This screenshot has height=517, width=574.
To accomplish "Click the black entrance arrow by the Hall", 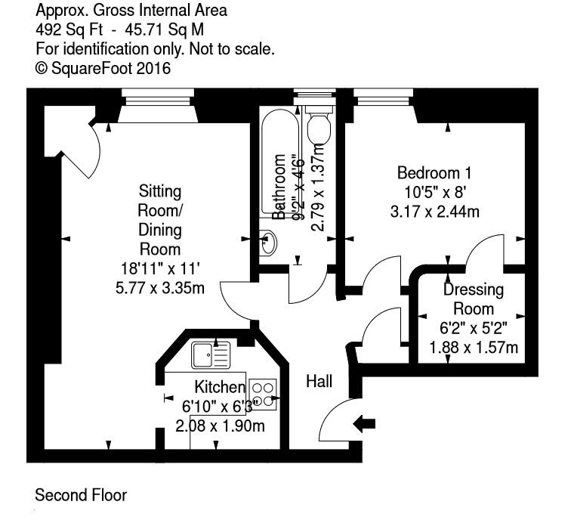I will (x=366, y=423).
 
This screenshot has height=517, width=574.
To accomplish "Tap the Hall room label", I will (x=319, y=382).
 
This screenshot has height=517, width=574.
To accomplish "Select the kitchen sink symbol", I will (x=210, y=354).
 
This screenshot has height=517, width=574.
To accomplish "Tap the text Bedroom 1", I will (x=439, y=172).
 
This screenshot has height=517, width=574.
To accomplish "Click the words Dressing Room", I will (x=474, y=299).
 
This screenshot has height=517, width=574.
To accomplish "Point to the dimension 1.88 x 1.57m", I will (x=474, y=348).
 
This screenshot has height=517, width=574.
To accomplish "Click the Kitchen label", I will (x=217, y=387).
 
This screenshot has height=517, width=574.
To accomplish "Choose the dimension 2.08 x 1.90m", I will (x=220, y=426).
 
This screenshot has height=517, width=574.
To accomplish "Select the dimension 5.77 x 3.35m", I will (x=159, y=288).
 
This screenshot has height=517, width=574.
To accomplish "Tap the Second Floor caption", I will (x=81, y=496).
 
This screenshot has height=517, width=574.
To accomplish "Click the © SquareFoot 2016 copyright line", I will (x=103, y=68).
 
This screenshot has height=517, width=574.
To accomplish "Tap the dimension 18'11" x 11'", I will (x=159, y=268).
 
